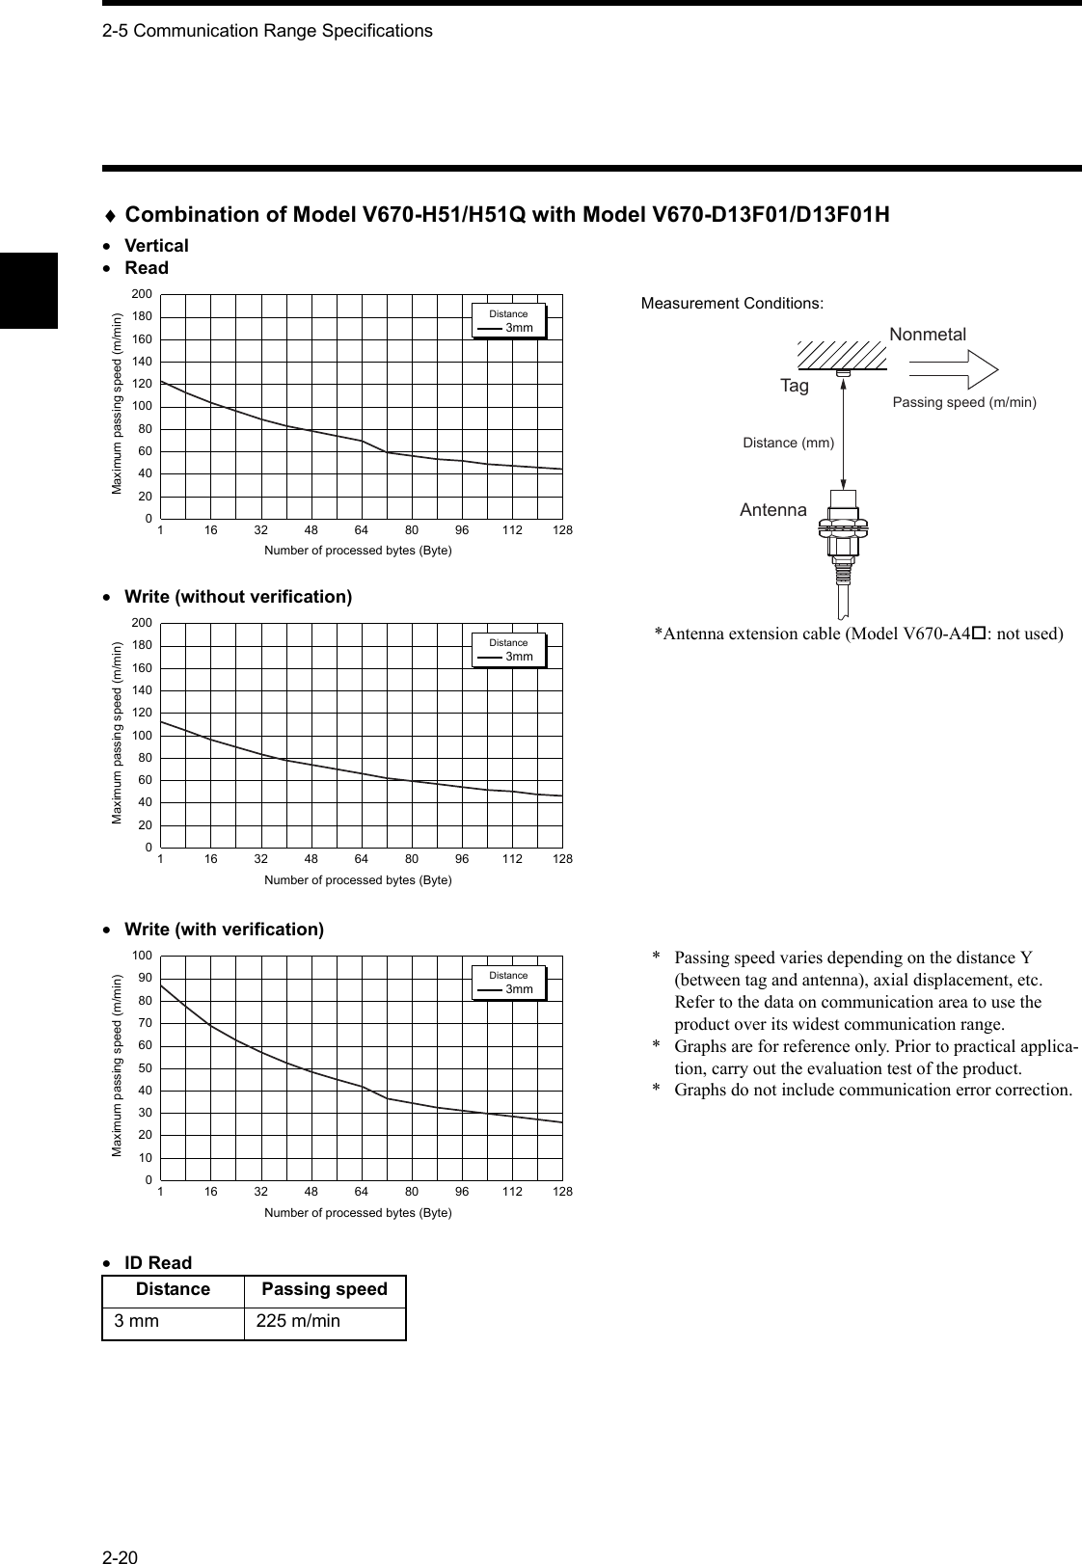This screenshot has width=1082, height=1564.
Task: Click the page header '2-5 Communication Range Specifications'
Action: pyautogui.click(x=267, y=31)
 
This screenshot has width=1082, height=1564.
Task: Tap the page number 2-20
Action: pyautogui.click(x=121, y=1530)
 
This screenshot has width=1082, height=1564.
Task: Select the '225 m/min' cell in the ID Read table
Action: pyautogui.click(x=298, y=1321)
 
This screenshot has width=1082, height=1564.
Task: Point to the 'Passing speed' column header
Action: pyautogui.click(x=324, y=1290)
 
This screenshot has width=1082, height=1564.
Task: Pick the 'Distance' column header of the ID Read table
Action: pyautogui.click(x=173, y=1290)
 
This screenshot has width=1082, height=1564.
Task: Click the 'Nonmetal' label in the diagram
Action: pyautogui.click(x=927, y=335)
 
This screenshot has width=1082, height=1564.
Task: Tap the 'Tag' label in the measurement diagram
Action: pyautogui.click(x=795, y=386)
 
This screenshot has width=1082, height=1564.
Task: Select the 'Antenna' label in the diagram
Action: pyautogui.click(x=773, y=510)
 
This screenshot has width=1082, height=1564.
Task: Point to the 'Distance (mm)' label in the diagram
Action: pyautogui.click(x=788, y=443)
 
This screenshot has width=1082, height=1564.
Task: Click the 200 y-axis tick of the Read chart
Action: pyautogui.click(x=142, y=293)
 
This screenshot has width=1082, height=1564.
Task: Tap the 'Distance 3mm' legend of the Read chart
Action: pyautogui.click(x=509, y=322)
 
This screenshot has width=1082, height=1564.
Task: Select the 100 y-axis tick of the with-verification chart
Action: pyautogui.click(x=142, y=955)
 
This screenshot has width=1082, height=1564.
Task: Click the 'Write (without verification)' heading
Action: pyautogui.click(x=238, y=597)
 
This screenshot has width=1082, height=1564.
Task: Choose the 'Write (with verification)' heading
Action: pyautogui.click(x=224, y=930)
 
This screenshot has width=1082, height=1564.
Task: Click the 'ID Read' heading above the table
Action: pyautogui.click(x=158, y=1263)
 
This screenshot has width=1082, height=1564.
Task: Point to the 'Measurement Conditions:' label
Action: pyautogui.click(x=732, y=304)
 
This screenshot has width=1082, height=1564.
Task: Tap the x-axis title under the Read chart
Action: pyautogui.click(x=358, y=551)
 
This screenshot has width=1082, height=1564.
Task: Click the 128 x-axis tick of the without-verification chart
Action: pyautogui.click(x=562, y=859)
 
